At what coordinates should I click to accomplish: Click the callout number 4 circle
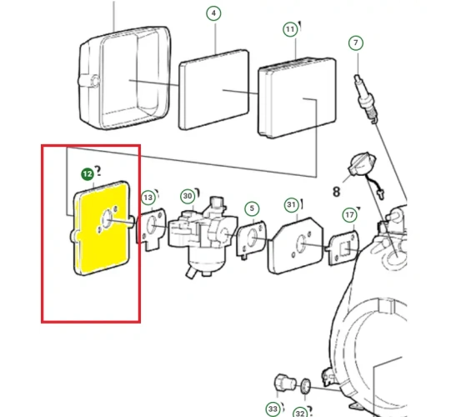[213, 13]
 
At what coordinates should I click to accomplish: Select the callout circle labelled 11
[290, 29]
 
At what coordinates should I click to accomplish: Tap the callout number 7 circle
[356, 43]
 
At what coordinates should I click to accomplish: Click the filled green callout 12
[88, 174]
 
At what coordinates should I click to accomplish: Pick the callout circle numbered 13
[148, 198]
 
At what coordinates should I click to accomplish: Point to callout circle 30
[188, 196]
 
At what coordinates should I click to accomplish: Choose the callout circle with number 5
[252, 208]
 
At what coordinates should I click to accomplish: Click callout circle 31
[292, 205]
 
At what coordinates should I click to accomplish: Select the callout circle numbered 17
[349, 215]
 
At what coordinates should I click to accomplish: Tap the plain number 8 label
[336, 192]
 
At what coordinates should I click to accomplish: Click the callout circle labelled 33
[273, 409]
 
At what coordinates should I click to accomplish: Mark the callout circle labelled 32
[300, 413]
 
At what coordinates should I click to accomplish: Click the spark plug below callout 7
[365, 99]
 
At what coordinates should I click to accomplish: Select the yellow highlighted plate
[101, 228]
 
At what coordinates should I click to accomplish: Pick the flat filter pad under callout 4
[213, 89]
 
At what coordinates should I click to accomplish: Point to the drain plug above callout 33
[285, 383]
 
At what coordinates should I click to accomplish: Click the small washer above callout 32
[306, 386]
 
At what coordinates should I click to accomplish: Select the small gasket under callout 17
[343, 248]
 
